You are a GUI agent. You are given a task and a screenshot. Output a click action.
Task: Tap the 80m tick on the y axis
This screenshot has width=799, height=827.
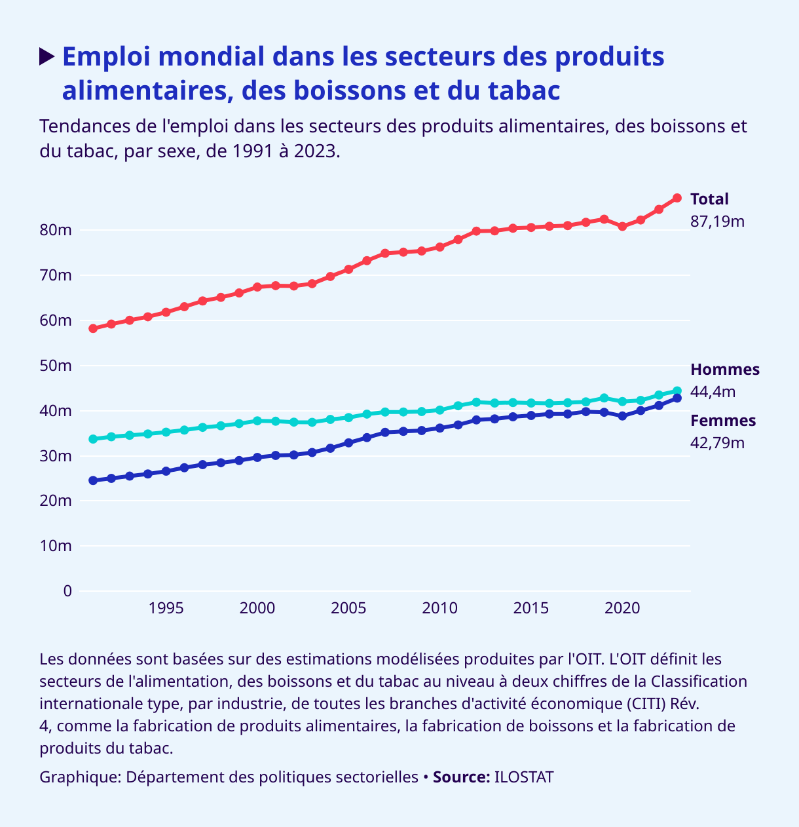point(56,230)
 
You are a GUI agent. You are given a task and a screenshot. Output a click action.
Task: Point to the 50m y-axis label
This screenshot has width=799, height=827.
point(56,366)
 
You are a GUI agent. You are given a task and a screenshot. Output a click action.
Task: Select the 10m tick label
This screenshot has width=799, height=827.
point(56,546)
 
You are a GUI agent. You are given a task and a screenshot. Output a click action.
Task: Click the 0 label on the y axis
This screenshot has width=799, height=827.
point(67,591)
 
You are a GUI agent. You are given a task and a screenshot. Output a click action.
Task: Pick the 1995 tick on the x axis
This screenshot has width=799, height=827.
point(166,608)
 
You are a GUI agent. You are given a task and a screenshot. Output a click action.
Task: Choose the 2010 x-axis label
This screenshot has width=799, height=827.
point(439,608)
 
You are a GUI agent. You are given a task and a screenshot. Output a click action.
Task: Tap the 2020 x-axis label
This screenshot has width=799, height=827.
point(622,608)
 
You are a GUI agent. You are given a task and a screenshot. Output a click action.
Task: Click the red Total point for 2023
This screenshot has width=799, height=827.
point(677,198)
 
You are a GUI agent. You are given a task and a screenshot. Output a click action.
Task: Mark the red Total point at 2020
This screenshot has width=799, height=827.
point(622,226)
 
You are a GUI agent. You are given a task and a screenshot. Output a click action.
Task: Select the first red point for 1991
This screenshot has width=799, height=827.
point(93,328)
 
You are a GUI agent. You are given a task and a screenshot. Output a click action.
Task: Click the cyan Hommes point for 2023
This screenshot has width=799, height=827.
point(677,391)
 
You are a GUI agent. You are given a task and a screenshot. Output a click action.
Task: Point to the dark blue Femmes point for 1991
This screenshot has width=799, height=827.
point(93,480)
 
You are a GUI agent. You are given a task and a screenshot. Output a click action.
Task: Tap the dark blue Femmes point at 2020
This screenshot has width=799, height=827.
point(622,416)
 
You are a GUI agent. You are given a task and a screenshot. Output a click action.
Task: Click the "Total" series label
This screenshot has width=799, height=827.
point(709,199)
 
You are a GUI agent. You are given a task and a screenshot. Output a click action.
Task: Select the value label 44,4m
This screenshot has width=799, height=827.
point(713,392)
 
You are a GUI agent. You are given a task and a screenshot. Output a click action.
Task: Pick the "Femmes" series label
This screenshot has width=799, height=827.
point(723,421)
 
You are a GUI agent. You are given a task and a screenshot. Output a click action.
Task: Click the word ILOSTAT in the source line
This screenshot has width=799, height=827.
point(524,777)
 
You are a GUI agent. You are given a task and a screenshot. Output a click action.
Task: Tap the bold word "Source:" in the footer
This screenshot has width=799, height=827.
point(461,777)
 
